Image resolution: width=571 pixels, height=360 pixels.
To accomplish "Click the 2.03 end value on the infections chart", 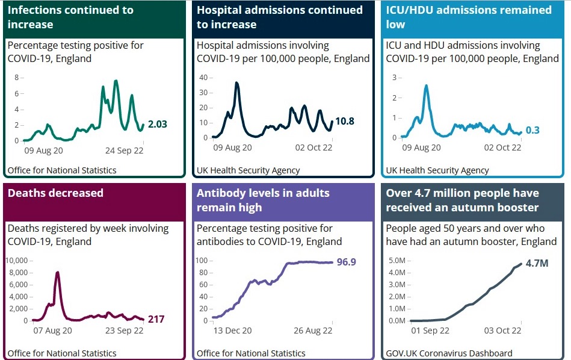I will pos(158,124).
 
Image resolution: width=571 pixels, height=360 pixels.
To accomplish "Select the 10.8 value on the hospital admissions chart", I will pos(344,121).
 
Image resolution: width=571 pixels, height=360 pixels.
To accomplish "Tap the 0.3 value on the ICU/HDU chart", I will pos(532,130).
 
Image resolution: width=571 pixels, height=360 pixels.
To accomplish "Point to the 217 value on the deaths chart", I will pos(156,319).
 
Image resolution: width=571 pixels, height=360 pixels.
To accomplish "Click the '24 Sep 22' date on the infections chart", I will pos(124,151).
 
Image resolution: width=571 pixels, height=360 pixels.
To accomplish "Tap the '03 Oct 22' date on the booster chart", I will pos(502,331).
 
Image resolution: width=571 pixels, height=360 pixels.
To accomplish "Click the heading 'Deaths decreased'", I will pos(55,193).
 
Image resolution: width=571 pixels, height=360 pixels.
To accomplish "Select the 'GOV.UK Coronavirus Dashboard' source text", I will pos(449,353).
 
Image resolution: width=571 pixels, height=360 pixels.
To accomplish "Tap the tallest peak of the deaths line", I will pos(57,273).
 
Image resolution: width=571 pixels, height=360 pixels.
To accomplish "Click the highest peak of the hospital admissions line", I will pos(237,83).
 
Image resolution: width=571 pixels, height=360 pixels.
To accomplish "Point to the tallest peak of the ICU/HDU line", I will pos(426,85).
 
